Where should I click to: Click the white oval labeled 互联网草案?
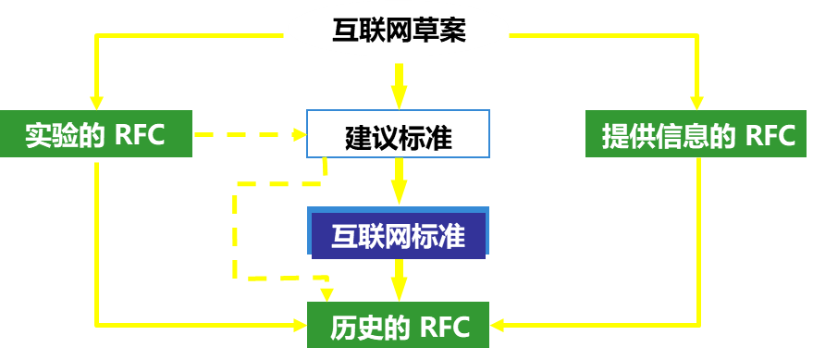tap(399, 31)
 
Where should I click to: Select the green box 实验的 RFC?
tap(95, 135)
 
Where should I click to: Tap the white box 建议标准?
tap(398, 136)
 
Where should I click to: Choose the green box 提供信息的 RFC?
tap(698, 136)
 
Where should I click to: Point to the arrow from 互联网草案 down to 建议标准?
tap(399, 86)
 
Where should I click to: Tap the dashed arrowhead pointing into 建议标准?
tap(299, 135)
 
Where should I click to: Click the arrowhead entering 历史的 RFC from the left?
tap(299, 325)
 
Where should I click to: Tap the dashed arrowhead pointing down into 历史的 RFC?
tap(326, 294)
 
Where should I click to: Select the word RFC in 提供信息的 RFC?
tap(770, 136)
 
